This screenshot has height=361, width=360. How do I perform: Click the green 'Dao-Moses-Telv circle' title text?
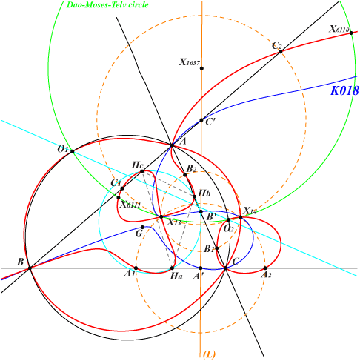coord(107,5)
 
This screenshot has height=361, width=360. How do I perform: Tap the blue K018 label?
coord(344,90)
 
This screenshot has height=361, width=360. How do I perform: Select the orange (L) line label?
coord(209,354)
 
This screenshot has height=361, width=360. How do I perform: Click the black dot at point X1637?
coord(201,68)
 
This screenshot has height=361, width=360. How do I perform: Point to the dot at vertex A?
coord(172,145)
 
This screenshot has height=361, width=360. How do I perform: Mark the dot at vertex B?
coord(30,268)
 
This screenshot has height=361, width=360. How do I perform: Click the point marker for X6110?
coord(351,33)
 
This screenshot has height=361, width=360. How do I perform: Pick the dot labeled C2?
coord(281,52)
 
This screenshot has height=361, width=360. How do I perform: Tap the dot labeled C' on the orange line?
coord(201,120)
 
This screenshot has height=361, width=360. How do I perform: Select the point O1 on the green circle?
coord(73,151)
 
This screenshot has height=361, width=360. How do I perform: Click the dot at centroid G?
coord(142,228)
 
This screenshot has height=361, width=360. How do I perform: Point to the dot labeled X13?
coord(161,217)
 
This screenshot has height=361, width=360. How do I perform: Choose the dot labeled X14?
coord(241,217)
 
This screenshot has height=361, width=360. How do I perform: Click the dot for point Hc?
coord(142,171)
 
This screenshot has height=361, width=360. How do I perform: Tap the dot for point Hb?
coord(194,196)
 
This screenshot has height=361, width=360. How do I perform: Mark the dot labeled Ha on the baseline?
coord(173,268)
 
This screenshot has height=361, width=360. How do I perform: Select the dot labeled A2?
coord(265,268)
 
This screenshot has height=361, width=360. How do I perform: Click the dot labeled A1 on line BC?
coord(136,268)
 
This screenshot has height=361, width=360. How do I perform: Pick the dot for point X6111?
coord(119,198)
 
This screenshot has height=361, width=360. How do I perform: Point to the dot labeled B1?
coord(217,248)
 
